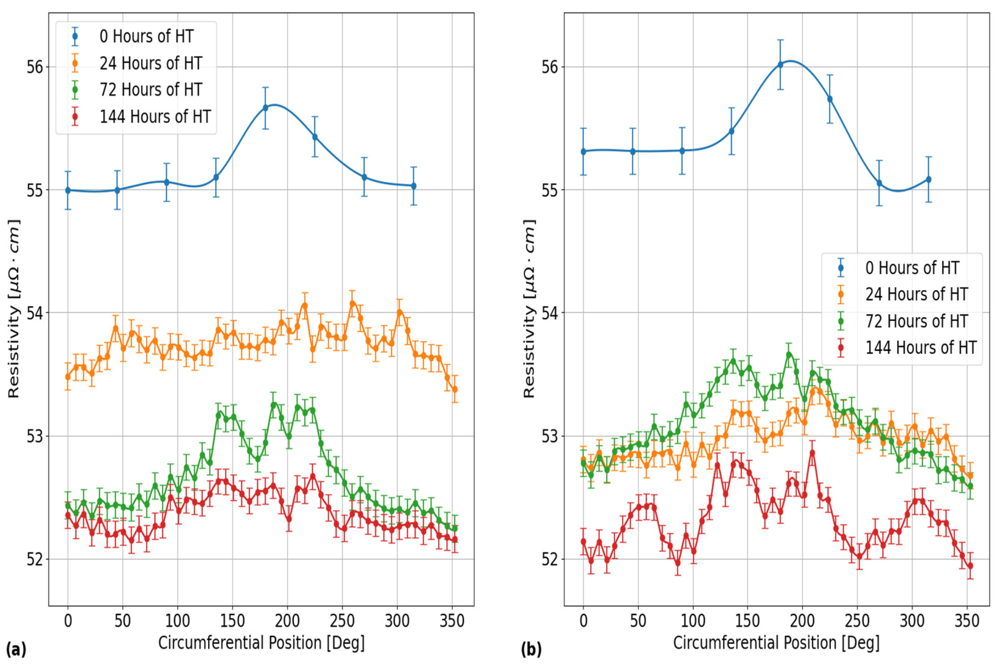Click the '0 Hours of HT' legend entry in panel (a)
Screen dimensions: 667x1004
[146, 36]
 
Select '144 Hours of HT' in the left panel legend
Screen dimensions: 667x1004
[155, 116]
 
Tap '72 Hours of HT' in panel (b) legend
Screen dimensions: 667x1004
[916, 321]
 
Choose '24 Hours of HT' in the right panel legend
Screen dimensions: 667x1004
[916, 294]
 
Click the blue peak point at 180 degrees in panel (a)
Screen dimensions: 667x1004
[265, 108]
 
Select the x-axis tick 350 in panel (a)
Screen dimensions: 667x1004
[452, 621]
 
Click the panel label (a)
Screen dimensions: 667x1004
[16, 650]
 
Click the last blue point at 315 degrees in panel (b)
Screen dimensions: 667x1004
[928, 179]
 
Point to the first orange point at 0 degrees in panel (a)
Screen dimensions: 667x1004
[68, 377]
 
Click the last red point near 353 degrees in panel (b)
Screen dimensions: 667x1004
[970, 566]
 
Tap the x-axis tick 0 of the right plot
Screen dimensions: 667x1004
[583, 621]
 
